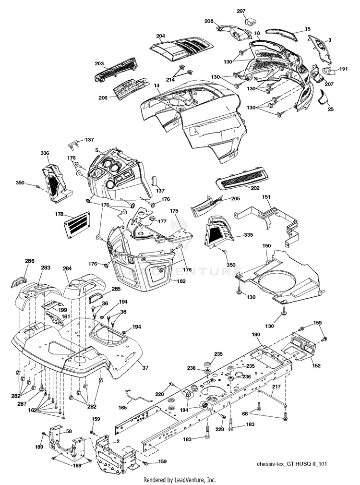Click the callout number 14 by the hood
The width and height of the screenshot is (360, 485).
click(x=156, y=85)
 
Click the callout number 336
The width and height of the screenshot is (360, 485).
click(x=45, y=153)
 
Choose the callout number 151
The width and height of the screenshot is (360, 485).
click(x=267, y=197)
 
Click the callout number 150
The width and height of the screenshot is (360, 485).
click(x=267, y=245)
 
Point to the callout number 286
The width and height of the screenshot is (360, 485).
click(x=30, y=261)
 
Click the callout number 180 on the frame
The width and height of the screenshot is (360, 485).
click(x=256, y=334)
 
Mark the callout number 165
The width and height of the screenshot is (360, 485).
click(x=122, y=407)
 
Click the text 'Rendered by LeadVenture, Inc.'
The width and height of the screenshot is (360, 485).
click(x=180, y=480)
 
